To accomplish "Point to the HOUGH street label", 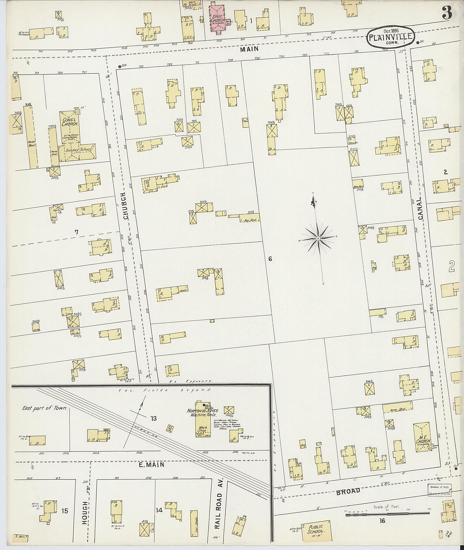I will (85, 509).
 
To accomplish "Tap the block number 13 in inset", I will (153, 418).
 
